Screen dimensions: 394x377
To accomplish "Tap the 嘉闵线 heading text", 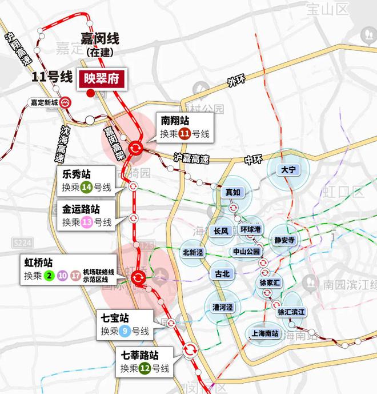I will coord(99,39).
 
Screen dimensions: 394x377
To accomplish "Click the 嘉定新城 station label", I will coord(45,103).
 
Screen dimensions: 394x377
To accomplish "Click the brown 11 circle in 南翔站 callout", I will coord(185,135).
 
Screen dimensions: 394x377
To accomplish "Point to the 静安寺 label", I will coord(284,240).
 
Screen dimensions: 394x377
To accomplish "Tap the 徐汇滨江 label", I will coord(292,312).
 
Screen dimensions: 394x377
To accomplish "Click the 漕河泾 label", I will coord(222,307).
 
